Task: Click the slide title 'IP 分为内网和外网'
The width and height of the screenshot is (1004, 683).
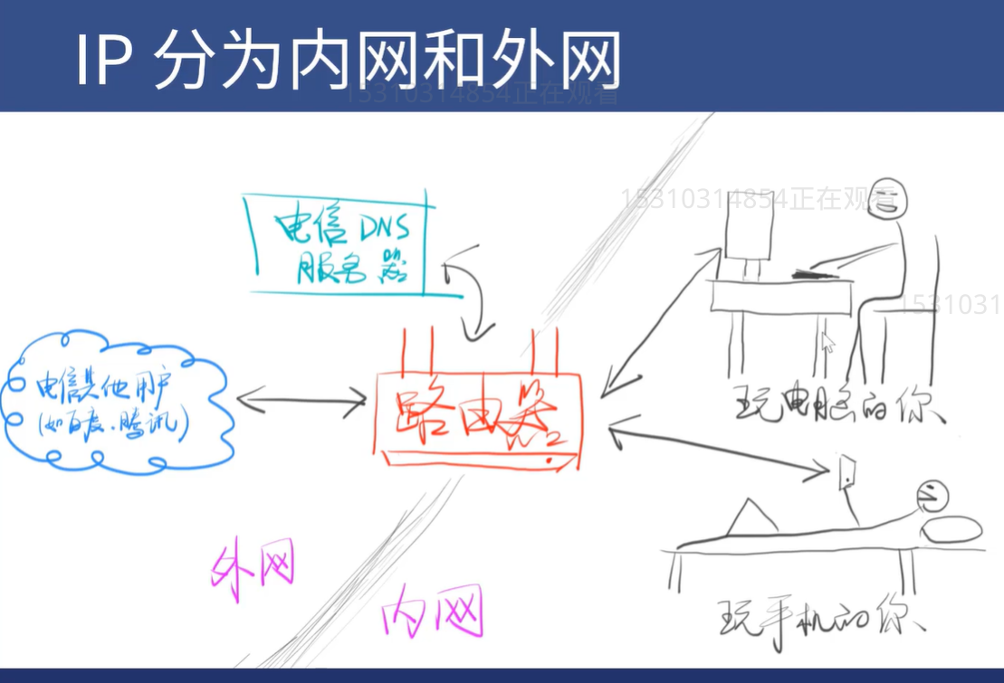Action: tap(348, 62)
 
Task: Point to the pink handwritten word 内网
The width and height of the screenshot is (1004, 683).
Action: tap(431, 612)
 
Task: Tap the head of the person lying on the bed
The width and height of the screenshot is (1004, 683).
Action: tap(932, 495)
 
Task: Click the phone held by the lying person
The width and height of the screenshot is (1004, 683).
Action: tap(848, 470)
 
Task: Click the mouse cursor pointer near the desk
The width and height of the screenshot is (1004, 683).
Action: tap(827, 343)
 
